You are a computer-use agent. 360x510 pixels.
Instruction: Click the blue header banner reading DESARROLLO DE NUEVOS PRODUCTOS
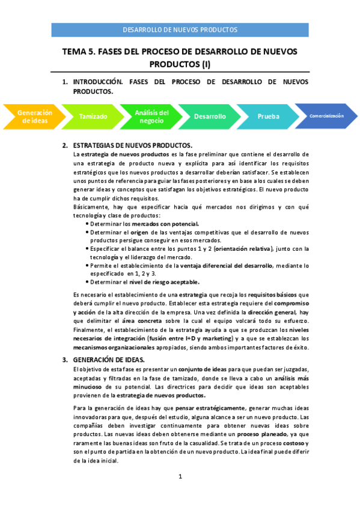pyautogui.click(x=180, y=29)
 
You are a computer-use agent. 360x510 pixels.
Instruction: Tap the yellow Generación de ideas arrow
pyautogui.click(x=34, y=116)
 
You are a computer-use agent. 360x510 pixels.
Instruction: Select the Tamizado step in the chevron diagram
pyautogui.click(x=93, y=117)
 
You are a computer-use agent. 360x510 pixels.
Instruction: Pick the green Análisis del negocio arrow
pyautogui.click(x=151, y=116)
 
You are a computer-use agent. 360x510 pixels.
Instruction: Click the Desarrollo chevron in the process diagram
pyautogui.click(x=210, y=117)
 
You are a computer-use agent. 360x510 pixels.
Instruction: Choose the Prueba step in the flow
pyautogui.click(x=268, y=117)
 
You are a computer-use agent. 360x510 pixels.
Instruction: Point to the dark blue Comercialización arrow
pyautogui.click(x=326, y=116)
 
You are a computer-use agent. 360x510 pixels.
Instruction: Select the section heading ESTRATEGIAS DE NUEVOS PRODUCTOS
pyautogui.click(x=132, y=146)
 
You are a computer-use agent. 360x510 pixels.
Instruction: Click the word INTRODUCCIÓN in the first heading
pyautogui.click(x=98, y=81)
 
